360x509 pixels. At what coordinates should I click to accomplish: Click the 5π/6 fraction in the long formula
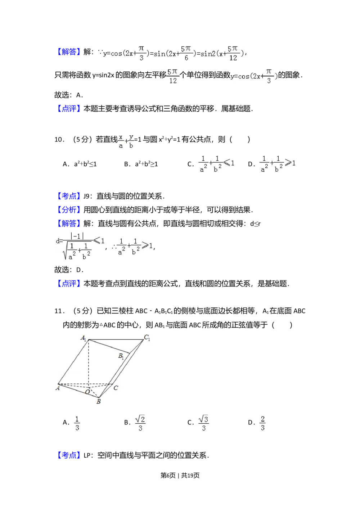[186, 53]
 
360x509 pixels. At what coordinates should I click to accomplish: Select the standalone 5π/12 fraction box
[173, 76]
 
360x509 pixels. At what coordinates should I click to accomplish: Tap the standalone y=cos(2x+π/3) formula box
[253, 76]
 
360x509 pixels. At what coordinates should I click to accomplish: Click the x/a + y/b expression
[125, 140]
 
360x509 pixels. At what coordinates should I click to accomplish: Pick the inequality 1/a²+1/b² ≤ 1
[216, 164]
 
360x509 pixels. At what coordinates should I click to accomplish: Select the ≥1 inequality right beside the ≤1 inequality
[278, 164]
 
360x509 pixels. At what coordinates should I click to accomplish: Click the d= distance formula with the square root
[79, 246]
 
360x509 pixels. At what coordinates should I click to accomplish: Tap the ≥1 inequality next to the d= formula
[135, 246]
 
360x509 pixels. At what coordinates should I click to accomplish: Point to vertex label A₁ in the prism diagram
[83, 338]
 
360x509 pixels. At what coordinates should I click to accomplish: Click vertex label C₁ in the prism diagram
[147, 338]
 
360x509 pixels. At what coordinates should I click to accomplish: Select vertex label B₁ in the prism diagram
[121, 356]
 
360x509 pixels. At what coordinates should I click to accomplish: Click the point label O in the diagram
[87, 392]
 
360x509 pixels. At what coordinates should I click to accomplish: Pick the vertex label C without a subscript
[116, 388]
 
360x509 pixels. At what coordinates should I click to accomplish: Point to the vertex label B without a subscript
[98, 401]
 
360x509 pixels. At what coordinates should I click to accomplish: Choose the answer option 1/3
[76, 423]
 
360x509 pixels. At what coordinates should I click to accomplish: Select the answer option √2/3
[140, 423]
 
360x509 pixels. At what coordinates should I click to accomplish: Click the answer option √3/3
[203, 423]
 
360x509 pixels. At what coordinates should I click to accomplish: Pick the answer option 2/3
[263, 423]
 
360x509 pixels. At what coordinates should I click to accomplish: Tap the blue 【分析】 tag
[69, 210]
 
